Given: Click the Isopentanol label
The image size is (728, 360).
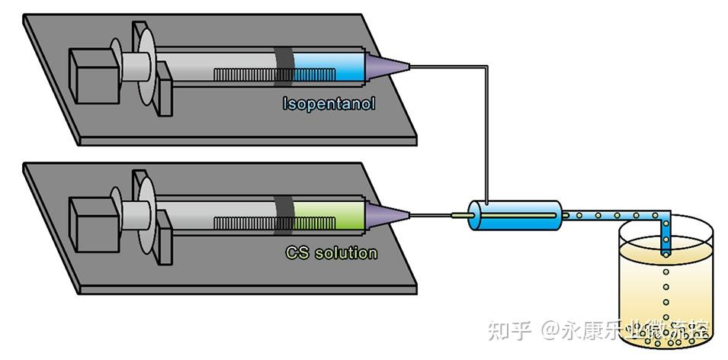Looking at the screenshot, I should pos(329,103).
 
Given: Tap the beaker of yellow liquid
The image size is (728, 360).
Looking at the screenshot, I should pos(663,297).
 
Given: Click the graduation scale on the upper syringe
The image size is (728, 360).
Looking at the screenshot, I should pos(244,76).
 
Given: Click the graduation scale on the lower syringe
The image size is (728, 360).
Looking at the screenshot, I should pos(244,223).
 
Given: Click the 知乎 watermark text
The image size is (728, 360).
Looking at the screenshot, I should pos(508,331).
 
